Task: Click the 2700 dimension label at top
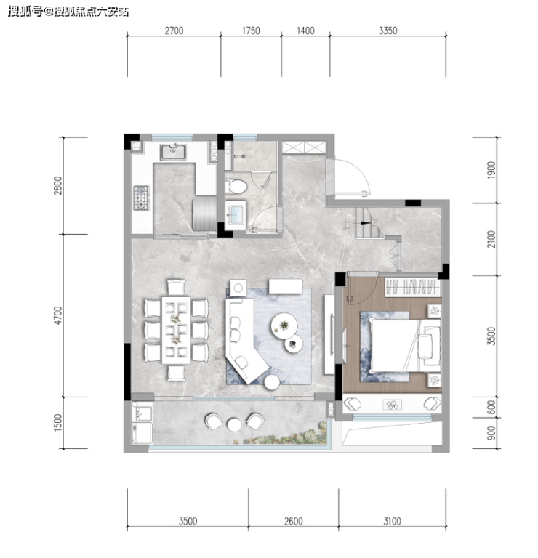pos(174,31)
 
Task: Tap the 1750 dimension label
pos(251,31)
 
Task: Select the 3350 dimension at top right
pos(388,31)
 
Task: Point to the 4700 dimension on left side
pos(58,315)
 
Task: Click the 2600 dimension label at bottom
pos(294,522)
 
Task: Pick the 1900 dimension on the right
pos(491,170)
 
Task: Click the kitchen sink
pos(173,152)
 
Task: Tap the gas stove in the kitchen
pos(141,198)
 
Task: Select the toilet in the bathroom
pos(236,187)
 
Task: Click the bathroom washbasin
pos(236,213)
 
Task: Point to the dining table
pos(176,330)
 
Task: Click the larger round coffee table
pos(284,325)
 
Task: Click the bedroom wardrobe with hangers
pos(412,287)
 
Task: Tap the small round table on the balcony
pos(234,424)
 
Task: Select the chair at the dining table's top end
pos(177,287)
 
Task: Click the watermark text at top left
pos(68,12)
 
